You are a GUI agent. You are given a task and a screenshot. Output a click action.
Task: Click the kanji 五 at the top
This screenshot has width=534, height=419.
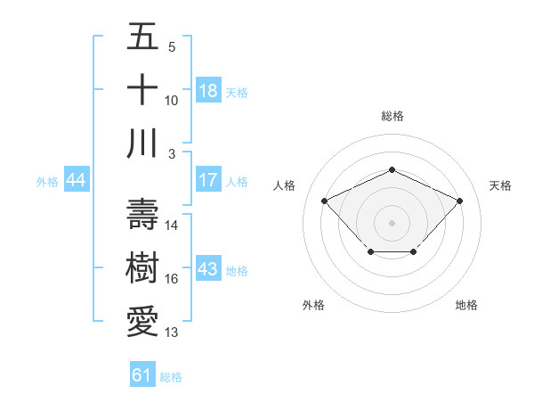point(142,38)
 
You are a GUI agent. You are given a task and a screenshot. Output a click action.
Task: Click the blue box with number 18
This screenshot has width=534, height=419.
point(208,91)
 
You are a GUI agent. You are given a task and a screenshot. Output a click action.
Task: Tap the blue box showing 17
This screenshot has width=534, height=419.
point(208,181)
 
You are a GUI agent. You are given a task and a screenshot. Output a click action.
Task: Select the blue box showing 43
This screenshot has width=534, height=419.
point(208,270)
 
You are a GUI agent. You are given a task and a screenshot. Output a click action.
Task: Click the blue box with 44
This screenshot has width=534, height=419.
point(77,181)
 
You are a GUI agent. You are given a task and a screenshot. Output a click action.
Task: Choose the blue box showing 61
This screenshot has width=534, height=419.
point(142,375)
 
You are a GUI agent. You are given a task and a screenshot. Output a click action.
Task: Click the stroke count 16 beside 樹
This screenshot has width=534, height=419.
point(172,279)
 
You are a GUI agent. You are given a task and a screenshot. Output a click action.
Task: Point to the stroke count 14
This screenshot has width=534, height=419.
point(172,226)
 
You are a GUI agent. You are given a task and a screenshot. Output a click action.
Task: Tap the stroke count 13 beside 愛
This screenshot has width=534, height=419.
point(172,333)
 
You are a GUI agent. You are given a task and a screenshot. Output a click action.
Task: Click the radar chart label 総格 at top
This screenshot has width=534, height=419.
point(392,116)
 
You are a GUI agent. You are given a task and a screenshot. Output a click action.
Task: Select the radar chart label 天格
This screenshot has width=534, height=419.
point(501,185)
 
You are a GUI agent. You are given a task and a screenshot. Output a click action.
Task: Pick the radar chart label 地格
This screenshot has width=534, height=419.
point(466,305)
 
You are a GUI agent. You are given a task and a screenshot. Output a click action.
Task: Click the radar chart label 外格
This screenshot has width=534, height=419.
point(313,305)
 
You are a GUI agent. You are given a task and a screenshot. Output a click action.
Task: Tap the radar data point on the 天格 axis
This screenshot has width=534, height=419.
point(459,201)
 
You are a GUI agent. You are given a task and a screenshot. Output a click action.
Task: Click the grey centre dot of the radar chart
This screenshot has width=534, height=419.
point(392,222)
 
